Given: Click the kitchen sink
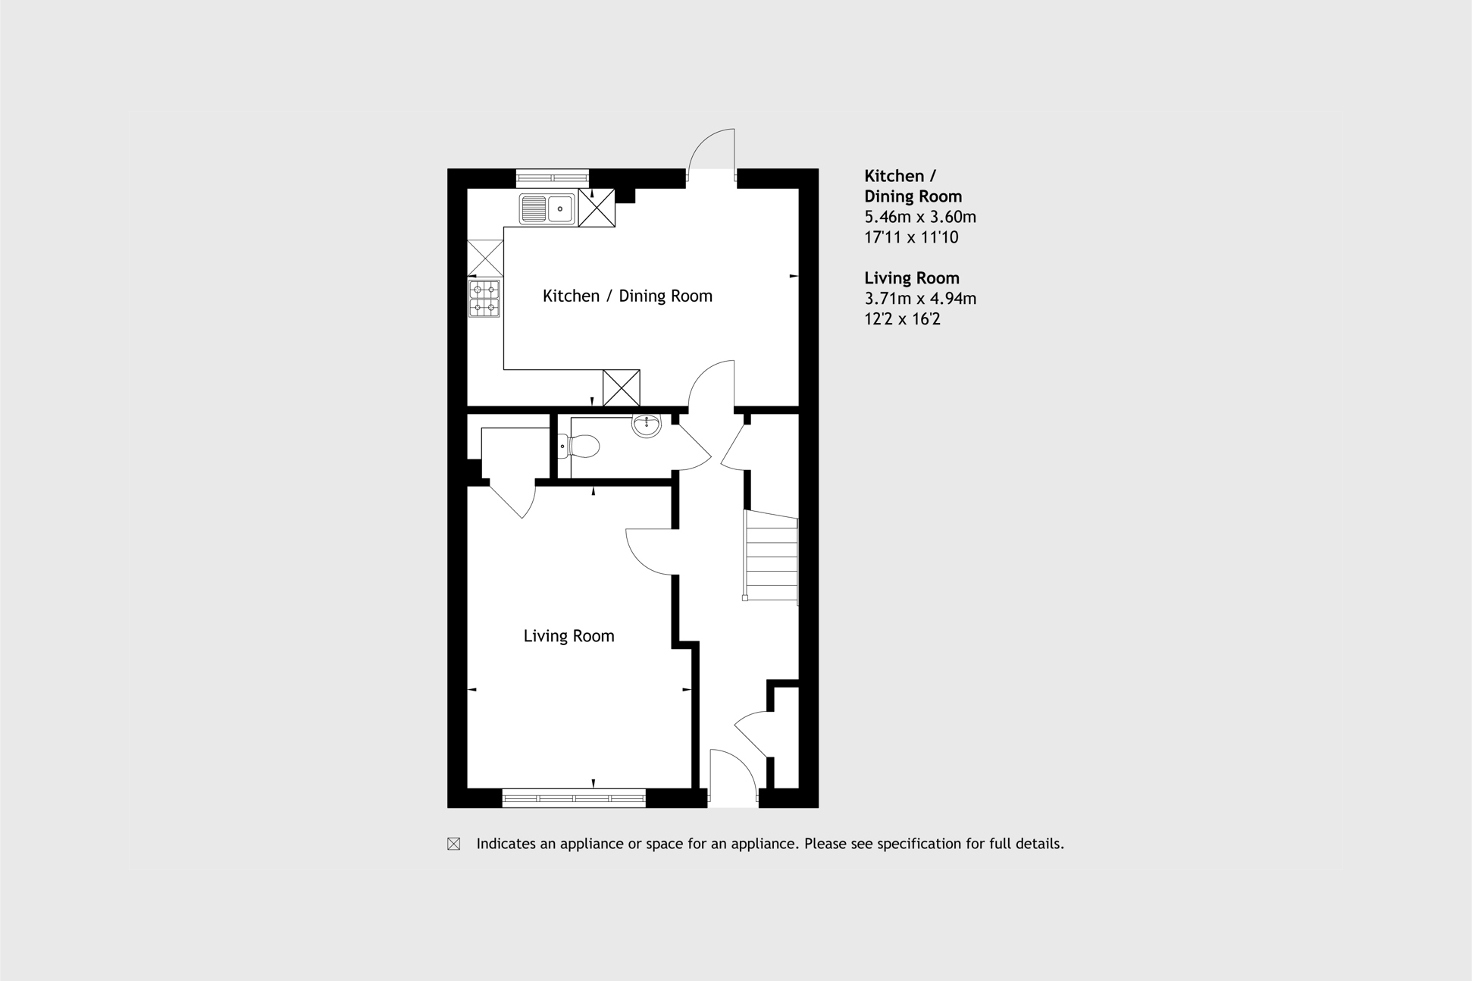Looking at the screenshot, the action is pos(547,208).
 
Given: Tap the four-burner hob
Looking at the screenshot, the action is pos(484,298).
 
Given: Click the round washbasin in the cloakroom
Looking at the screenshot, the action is pos(647,425).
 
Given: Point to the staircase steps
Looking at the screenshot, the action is pos(771,556).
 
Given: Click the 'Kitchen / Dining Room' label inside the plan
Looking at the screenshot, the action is pos(628,296).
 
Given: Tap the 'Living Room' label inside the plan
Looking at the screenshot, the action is pos(568,636).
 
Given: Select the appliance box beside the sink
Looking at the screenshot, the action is pos(597,208).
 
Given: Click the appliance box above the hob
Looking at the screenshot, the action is pos(485,259).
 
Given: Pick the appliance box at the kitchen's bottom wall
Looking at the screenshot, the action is pos(622,388).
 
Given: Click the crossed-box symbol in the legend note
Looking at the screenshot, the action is pos(453,844).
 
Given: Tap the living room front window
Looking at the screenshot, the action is pos(574,798).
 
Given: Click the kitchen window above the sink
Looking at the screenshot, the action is pos(553,178).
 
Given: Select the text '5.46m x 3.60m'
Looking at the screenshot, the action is pos(920,217).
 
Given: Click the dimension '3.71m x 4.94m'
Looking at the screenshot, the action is pos(920,299).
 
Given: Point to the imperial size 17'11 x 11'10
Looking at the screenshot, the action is pos(911,237).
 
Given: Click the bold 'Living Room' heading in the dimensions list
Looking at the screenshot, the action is pos(912,278).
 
